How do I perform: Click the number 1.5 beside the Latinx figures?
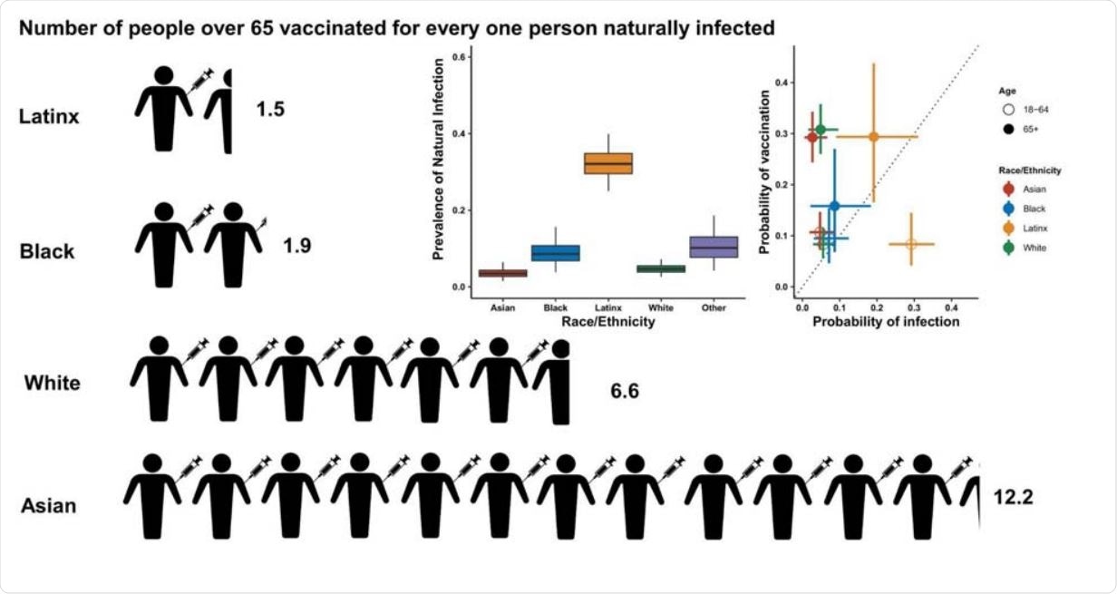point(270,110)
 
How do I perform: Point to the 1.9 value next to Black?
point(296,246)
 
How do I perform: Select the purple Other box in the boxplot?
point(714,247)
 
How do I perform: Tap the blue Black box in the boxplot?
point(555,253)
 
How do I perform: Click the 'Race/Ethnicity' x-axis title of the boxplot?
point(607,321)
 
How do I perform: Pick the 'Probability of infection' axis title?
point(886,321)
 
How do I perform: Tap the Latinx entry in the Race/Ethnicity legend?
point(1025,228)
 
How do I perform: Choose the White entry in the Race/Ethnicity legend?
point(1025,247)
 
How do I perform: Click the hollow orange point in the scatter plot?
point(911,244)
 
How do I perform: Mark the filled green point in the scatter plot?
point(821,130)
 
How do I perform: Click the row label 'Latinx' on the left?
point(48,116)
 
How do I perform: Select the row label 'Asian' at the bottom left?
point(48,506)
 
